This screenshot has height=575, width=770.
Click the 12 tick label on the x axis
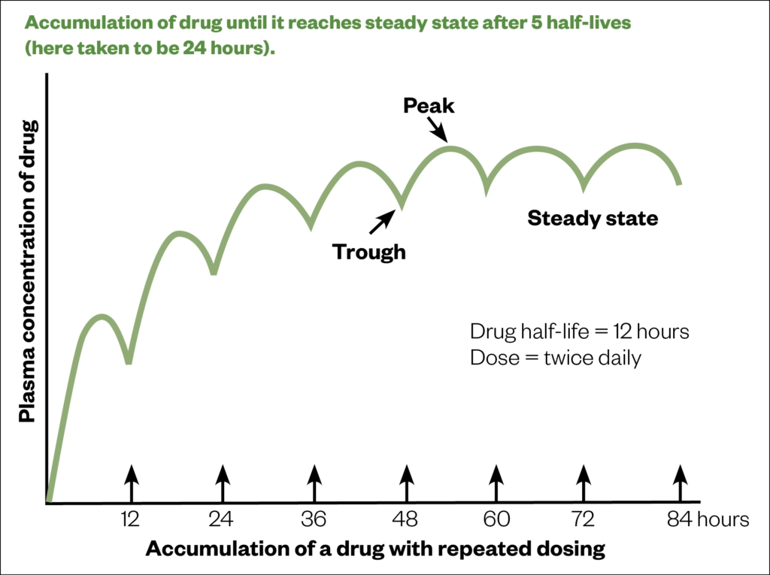[132, 519]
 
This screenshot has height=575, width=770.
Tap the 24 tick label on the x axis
[222, 519]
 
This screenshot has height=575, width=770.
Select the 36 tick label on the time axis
[314, 519]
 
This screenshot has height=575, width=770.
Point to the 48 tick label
[407, 519]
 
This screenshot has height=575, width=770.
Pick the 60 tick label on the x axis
[496, 519]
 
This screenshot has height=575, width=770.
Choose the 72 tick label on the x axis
[583, 519]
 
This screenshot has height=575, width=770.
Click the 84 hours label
[705, 519]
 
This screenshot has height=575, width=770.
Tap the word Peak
[429, 106]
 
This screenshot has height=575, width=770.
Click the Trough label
[369, 252]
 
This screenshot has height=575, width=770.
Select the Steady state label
[593, 219]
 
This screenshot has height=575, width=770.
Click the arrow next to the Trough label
[382, 221]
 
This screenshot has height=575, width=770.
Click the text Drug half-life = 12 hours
[579, 331]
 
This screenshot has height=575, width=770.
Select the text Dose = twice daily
[556, 358]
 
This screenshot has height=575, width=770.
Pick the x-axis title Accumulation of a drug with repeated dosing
[375, 549]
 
